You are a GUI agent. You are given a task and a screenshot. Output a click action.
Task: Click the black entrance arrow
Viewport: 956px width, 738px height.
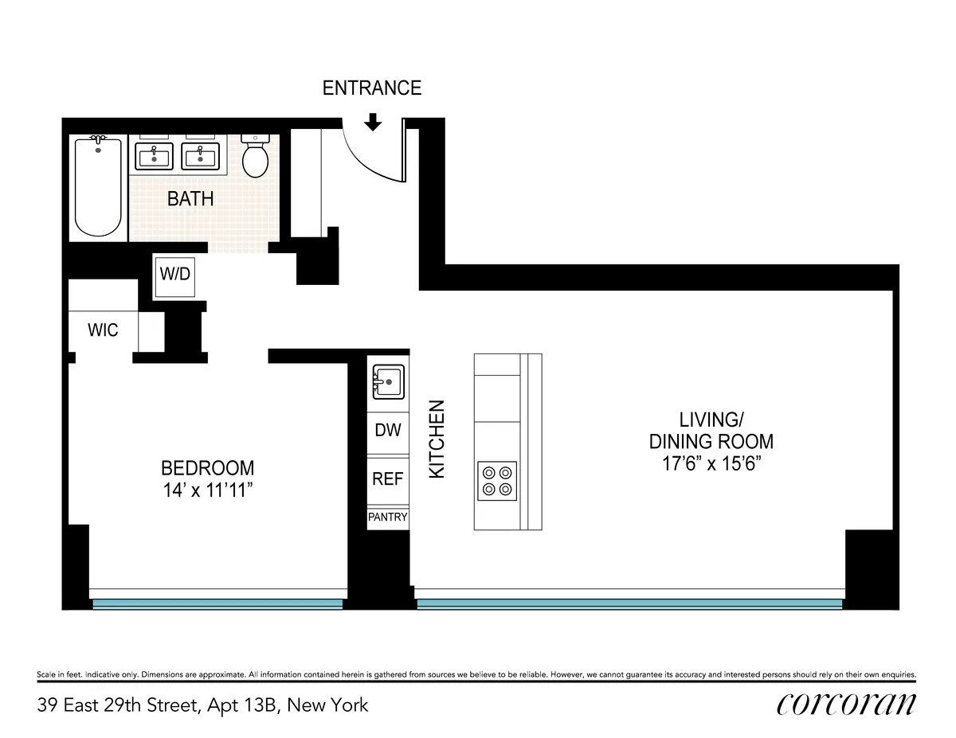tap(373, 122)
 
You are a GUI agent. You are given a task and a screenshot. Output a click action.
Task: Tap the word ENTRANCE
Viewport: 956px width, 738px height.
tap(371, 88)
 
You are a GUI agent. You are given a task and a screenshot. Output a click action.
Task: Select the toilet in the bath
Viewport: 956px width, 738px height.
tap(256, 157)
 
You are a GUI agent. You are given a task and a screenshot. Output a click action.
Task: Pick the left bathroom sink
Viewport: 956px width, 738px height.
tap(155, 156)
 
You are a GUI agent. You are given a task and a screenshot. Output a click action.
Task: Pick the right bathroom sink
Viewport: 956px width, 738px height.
tap(199, 156)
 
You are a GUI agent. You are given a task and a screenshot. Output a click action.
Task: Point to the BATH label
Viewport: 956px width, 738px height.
tap(190, 199)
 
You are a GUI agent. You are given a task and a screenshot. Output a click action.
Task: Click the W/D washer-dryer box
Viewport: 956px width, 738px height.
tap(174, 275)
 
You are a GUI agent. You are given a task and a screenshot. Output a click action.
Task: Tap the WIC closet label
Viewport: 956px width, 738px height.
tap(104, 330)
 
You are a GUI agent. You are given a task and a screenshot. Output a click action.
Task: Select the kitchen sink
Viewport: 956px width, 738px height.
tap(388, 383)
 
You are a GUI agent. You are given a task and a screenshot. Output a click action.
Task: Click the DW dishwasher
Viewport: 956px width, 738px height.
tap(388, 431)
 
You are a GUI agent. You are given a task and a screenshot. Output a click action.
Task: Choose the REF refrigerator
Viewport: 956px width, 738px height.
tap(388, 479)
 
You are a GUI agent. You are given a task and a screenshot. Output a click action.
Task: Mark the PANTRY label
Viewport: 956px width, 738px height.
tap(388, 517)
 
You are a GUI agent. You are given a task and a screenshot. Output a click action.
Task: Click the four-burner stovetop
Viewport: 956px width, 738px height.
tap(497, 481)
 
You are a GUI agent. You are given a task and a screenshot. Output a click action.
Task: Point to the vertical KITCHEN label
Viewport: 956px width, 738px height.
tap(437, 439)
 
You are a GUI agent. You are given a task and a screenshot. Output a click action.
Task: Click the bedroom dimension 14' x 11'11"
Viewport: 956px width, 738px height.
tap(208, 490)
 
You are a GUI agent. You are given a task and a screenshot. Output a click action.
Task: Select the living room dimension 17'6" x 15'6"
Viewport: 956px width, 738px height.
tap(711, 464)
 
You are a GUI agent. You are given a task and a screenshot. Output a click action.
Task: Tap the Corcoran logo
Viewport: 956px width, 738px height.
tap(845, 705)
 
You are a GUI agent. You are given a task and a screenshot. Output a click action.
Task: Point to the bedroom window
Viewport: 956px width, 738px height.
tap(217, 604)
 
